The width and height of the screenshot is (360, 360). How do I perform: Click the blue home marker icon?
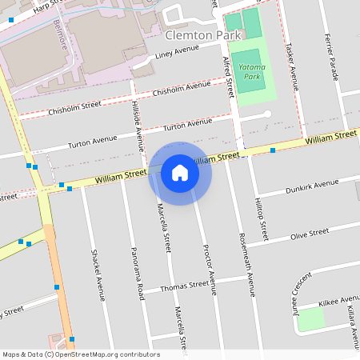point(180,173)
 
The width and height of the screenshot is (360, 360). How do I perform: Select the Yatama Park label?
point(253,73)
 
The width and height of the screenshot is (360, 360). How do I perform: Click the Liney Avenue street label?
point(177,51)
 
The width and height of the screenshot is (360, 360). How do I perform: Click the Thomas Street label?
point(185,286)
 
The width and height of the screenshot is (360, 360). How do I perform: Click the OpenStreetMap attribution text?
point(80,354)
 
